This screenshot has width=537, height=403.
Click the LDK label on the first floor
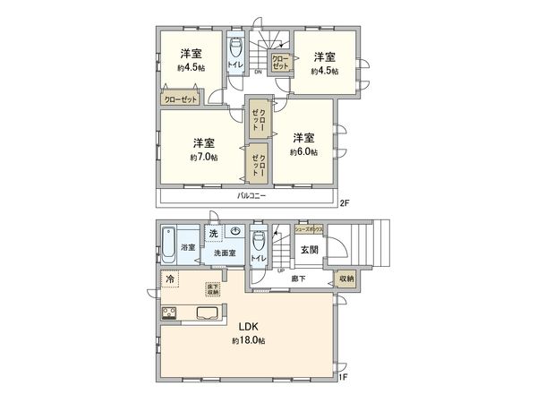tap(248, 327)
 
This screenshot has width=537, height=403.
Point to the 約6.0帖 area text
tap(303, 151)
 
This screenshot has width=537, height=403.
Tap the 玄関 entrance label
tap(309, 250)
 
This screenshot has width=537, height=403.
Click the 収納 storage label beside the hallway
tap(346, 279)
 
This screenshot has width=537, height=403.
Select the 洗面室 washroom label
tap(225, 254)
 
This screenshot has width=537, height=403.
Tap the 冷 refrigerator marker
tap(170, 280)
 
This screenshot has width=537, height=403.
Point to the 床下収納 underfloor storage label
tap(212, 288)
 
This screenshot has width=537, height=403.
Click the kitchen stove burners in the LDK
tap(168, 313)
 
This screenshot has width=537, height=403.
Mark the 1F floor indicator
tap(342, 377)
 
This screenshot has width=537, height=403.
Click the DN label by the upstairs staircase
tap(258, 72)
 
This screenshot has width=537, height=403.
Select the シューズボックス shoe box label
tap(310, 230)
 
